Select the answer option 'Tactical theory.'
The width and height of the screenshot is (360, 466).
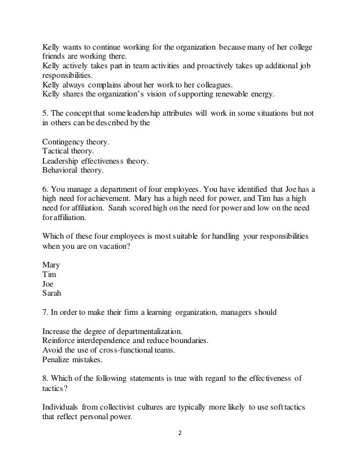[x=66, y=151]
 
